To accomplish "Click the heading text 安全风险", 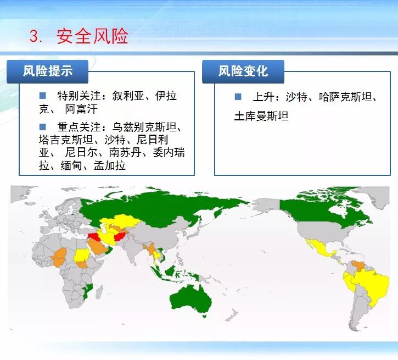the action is (92, 36).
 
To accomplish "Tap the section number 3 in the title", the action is (34, 36).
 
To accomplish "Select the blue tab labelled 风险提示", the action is (47, 71).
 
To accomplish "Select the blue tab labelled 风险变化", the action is (243, 71).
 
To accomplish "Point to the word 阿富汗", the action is (81, 109).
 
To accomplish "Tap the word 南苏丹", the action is (125, 152).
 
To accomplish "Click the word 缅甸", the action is (71, 165).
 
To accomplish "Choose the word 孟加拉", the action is (110, 165).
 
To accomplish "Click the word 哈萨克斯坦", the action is (345, 97).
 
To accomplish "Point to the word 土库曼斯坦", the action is (261, 116).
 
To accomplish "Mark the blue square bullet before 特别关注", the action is (42, 96).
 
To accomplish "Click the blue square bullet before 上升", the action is (238, 97).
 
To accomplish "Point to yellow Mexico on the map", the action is (321, 248).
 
